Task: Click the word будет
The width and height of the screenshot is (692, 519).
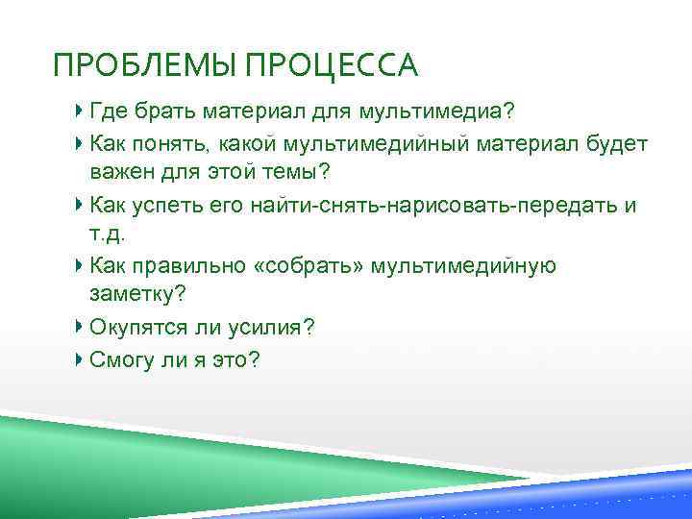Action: [x=615, y=144]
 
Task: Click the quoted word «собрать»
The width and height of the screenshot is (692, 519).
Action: [x=315, y=266]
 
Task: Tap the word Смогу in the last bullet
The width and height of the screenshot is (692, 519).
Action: [x=118, y=359]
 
